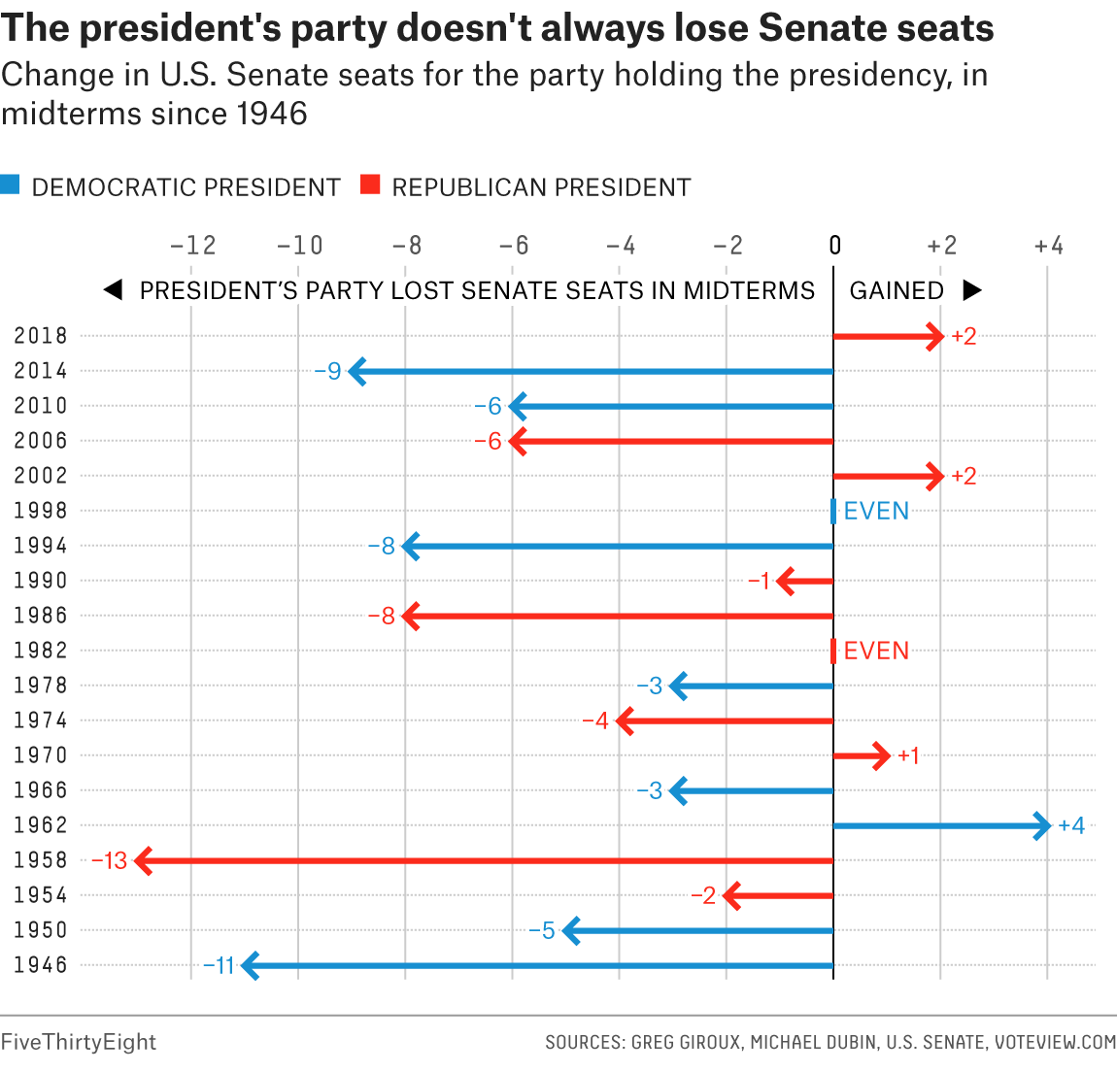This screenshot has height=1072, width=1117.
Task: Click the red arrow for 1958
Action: (x=486, y=860)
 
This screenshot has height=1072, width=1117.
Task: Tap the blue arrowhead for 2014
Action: (x=357, y=371)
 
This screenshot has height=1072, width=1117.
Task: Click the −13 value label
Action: (x=110, y=860)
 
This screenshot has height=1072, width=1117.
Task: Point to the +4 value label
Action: (x=1071, y=826)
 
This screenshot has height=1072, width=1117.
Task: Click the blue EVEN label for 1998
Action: (x=876, y=512)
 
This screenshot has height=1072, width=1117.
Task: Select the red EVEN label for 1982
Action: (x=876, y=651)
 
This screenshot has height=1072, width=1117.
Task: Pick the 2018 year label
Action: (x=41, y=336)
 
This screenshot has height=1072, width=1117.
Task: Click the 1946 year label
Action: (x=41, y=965)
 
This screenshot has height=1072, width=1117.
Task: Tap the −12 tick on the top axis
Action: (x=192, y=247)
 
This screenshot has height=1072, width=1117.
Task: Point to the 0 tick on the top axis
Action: (x=834, y=247)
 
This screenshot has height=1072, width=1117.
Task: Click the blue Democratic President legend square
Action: (x=10, y=184)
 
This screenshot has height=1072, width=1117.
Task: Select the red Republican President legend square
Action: (x=369, y=184)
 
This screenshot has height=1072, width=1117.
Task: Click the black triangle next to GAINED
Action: (x=971, y=290)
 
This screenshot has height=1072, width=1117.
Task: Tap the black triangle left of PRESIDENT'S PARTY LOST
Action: (x=113, y=290)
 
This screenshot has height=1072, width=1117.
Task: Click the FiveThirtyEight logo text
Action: (x=78, y=1042)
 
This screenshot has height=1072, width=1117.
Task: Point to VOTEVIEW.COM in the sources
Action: (x=1055, y=1043)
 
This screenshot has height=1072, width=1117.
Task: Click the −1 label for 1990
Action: (x=760, y=582)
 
